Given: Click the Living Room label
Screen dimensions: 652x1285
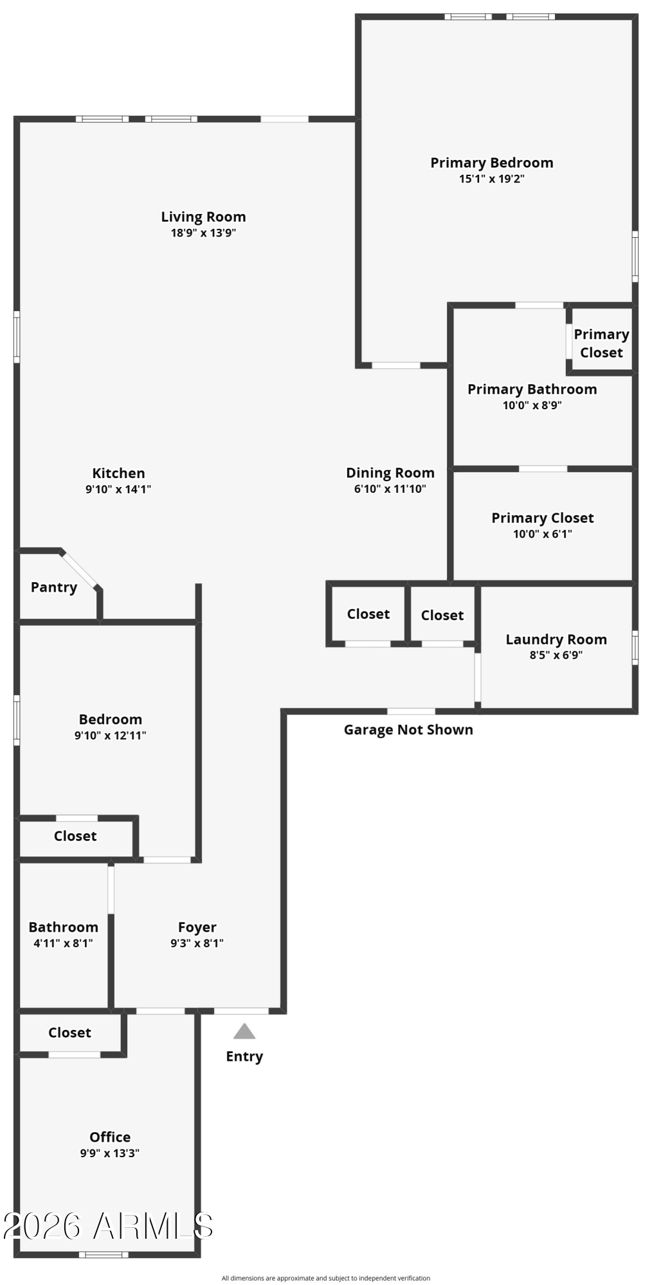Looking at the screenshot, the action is point(203,217).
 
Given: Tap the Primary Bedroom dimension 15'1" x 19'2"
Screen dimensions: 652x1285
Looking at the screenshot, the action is point(492,179).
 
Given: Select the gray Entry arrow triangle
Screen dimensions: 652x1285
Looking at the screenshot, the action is point(244,1031).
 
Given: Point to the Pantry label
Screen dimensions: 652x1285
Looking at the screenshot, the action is point(54,587).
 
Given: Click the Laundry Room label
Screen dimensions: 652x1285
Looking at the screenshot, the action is point(556,640).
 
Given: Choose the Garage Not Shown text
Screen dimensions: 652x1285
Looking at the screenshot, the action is point(408,730).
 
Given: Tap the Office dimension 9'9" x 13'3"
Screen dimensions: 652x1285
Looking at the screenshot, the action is point(110,1153).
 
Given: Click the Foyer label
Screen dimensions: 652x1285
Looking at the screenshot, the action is point(197,928).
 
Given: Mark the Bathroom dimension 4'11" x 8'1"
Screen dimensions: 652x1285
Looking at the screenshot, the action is point(63,943).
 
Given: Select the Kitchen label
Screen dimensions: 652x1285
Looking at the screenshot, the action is point(118,474).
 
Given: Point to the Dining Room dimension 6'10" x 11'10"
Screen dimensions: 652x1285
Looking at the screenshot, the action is point(390,489).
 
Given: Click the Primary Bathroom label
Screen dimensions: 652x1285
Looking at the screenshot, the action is point(532,389).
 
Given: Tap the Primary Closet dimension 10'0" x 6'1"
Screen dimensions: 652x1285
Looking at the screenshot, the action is point(543,534).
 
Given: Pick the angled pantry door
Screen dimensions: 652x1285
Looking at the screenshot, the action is point(80,569).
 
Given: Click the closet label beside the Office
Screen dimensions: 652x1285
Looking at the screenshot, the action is point(69,1033).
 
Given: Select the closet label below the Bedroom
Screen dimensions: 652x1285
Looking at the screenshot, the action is point(75,837).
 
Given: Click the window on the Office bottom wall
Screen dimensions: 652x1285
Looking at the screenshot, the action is point(104,1254).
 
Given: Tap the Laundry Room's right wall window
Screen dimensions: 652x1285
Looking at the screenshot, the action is point(635,648).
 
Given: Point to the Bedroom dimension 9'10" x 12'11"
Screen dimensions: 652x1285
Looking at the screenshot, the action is point(110,736).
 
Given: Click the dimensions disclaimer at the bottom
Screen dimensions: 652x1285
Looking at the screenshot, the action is point(326,1279).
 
